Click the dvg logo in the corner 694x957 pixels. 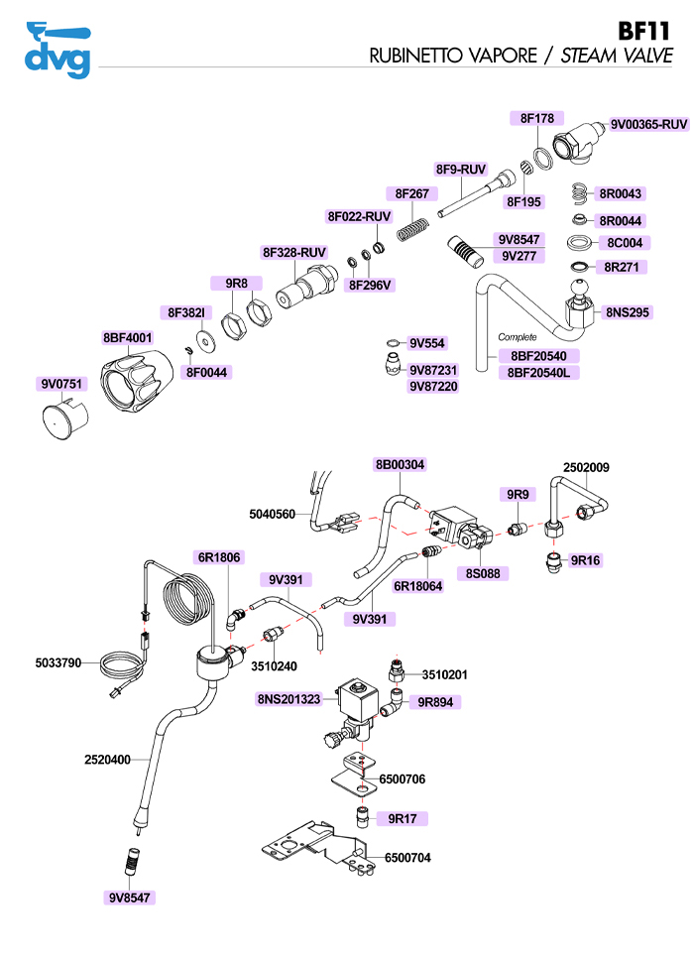coord(57,50)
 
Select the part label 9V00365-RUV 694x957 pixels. coord(648,124)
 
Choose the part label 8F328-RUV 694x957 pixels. coord(294,252)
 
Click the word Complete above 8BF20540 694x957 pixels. coord(517,337)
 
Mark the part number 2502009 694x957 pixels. coord(586,467)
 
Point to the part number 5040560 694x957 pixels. coord(272,515)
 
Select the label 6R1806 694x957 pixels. coord(219,558)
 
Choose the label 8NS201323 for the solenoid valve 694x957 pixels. coord(289,699)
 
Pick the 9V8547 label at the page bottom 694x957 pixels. coord(131,897)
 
